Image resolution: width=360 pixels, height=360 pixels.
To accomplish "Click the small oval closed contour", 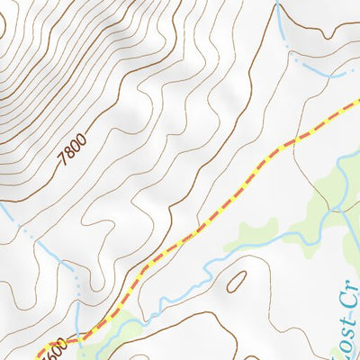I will (x=238, y=283).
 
